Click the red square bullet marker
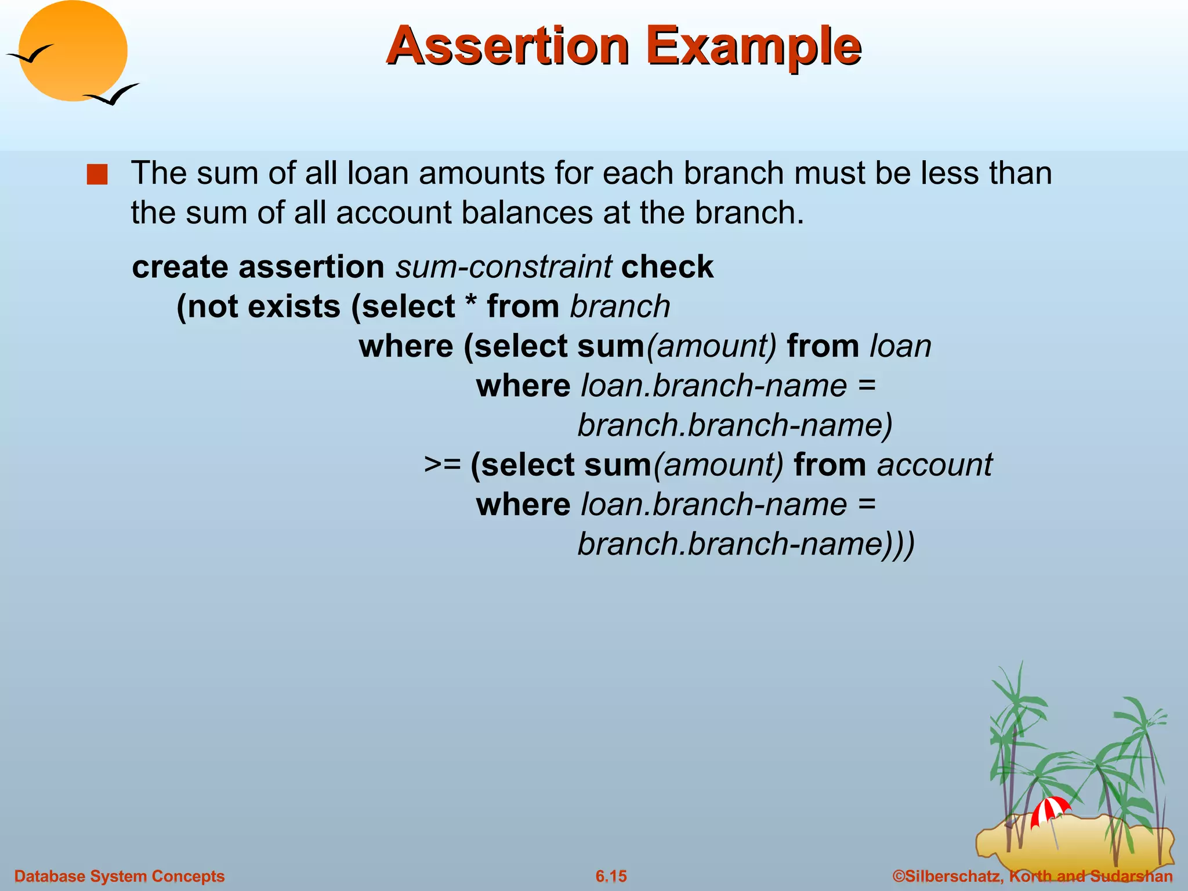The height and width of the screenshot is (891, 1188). [97, 175]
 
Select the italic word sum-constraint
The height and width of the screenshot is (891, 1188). [503, 267]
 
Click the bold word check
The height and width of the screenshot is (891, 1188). [667, 267]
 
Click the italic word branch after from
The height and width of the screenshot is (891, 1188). [620, 306]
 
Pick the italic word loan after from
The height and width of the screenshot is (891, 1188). [900, 346]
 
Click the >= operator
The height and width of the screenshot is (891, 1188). [442, 465]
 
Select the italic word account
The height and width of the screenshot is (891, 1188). [935, 465]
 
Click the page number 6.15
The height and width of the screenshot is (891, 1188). [611, 876]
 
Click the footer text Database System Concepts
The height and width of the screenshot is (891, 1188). [119, 876]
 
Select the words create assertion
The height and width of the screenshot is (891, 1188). [258, 267]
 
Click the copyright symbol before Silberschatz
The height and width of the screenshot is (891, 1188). [899, 876]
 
